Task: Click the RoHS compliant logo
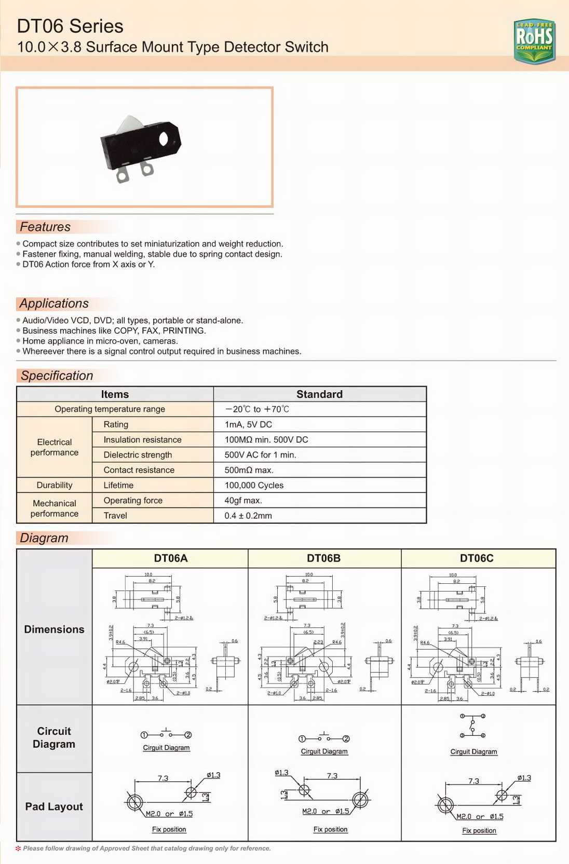click(534, 40)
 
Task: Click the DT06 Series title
click(70, 26)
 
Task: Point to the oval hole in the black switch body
click(164, 139)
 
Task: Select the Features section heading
click(45, 227)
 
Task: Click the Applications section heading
click(54, 304)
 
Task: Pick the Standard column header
click(319, 394)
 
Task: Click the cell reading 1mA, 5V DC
click(248, 424)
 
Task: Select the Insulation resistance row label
click(142, 440)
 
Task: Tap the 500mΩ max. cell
click(249, 470)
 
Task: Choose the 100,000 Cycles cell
click(254, 485)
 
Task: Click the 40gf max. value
click(243, 500)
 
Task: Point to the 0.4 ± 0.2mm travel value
click(248, 516)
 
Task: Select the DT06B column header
click(323, 558)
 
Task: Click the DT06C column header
click(477, 558)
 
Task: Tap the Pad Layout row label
click(54, 806)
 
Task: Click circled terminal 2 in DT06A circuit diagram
click(188, 735)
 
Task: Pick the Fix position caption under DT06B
click(330, 829)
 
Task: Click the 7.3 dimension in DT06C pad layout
click(473, 781)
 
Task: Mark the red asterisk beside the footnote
click(19, 848)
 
